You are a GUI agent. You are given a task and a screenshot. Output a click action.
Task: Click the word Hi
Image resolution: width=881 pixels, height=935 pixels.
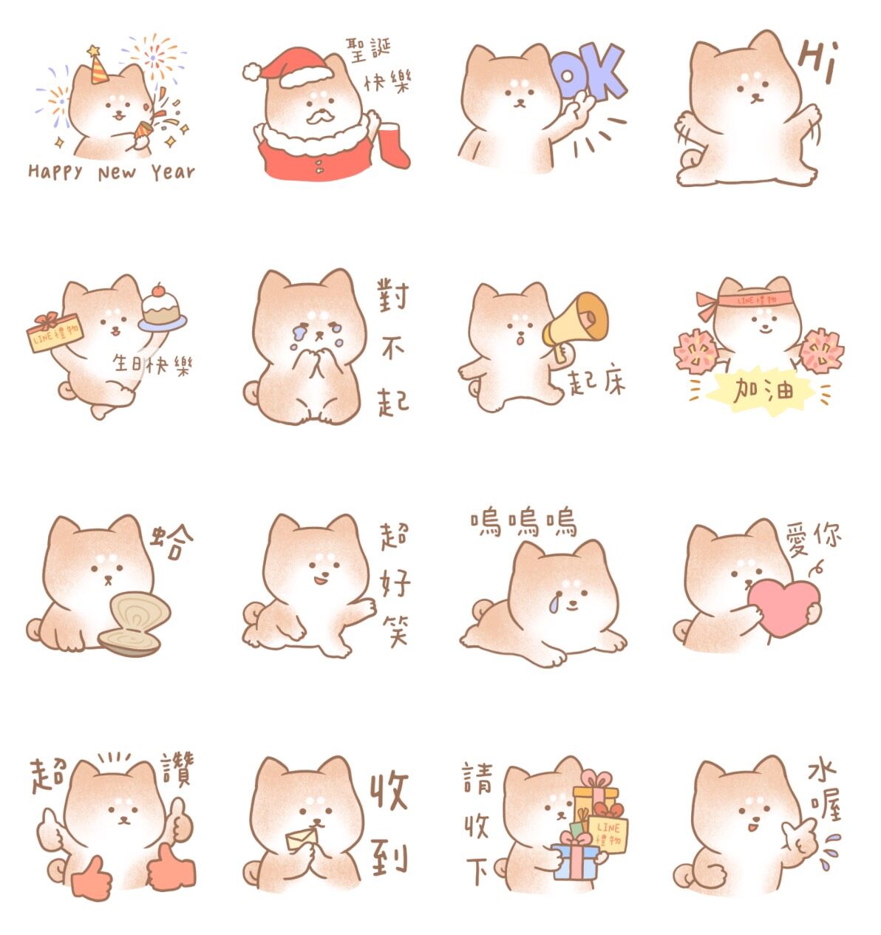(818, 61)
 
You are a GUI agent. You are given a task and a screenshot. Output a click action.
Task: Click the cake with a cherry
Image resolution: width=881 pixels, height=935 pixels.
(161, 307)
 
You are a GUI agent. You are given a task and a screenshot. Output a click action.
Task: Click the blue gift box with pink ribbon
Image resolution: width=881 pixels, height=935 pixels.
(574, 860)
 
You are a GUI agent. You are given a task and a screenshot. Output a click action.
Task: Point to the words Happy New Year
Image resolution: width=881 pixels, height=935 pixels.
(111, 173)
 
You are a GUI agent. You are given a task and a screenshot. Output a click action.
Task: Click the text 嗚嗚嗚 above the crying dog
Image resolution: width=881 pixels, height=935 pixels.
(523, 523)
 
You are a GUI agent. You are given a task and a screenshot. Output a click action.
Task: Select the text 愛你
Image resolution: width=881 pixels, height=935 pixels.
(813, 537)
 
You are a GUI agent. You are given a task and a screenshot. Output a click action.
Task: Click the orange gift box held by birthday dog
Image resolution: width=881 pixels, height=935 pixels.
(55, 333)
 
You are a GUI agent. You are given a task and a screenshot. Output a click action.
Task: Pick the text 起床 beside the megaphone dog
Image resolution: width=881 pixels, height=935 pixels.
(596, 381)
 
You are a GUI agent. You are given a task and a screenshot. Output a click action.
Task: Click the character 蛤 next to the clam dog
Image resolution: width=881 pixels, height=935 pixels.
(174, 543)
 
